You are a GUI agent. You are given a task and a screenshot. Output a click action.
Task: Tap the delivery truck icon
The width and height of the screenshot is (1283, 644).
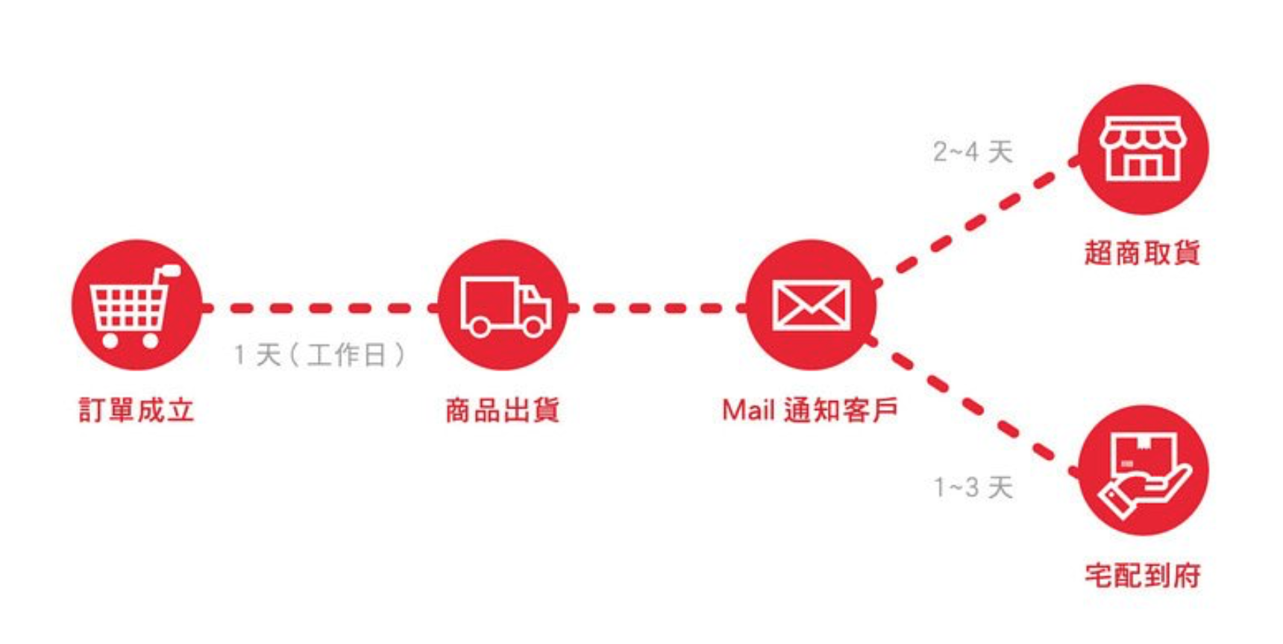coord(504,306)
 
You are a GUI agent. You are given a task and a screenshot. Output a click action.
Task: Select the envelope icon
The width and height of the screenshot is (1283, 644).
coord(811,305)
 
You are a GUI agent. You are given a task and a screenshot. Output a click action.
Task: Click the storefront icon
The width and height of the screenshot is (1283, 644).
coord(1143,150)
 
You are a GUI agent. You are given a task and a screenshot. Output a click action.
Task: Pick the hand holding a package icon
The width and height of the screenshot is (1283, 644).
coord(1143,471)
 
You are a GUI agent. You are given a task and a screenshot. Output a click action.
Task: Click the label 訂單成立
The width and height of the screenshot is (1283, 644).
coord(137,410)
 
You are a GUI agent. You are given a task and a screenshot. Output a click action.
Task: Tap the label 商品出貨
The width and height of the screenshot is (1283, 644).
coord(503,410)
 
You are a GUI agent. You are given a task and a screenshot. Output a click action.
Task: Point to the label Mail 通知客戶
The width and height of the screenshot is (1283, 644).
coord(810,410)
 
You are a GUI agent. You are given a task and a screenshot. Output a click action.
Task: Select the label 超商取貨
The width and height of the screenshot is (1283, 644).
coord(1142,253)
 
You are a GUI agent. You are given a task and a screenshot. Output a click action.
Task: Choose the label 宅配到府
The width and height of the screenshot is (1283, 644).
coord(1143,575)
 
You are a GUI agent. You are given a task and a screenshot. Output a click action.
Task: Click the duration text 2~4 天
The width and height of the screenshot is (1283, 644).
coord(973,152)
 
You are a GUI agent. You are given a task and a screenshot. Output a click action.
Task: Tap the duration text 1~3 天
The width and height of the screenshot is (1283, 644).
coord(973,487)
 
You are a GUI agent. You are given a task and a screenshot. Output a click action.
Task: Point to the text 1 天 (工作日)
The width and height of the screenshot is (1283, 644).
coord(319,355)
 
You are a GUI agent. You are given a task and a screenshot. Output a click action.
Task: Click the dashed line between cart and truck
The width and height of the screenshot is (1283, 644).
coord(321,308)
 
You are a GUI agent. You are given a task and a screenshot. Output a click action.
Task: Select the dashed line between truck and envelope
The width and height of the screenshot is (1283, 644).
coord(656,308)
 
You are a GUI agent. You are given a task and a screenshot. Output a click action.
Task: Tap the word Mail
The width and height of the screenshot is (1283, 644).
coord(748,410)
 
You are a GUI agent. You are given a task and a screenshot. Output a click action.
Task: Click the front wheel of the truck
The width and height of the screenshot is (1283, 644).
coord(533,326)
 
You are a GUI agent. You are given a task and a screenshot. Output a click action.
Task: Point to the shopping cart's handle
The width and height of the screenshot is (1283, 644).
coord(170,271)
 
